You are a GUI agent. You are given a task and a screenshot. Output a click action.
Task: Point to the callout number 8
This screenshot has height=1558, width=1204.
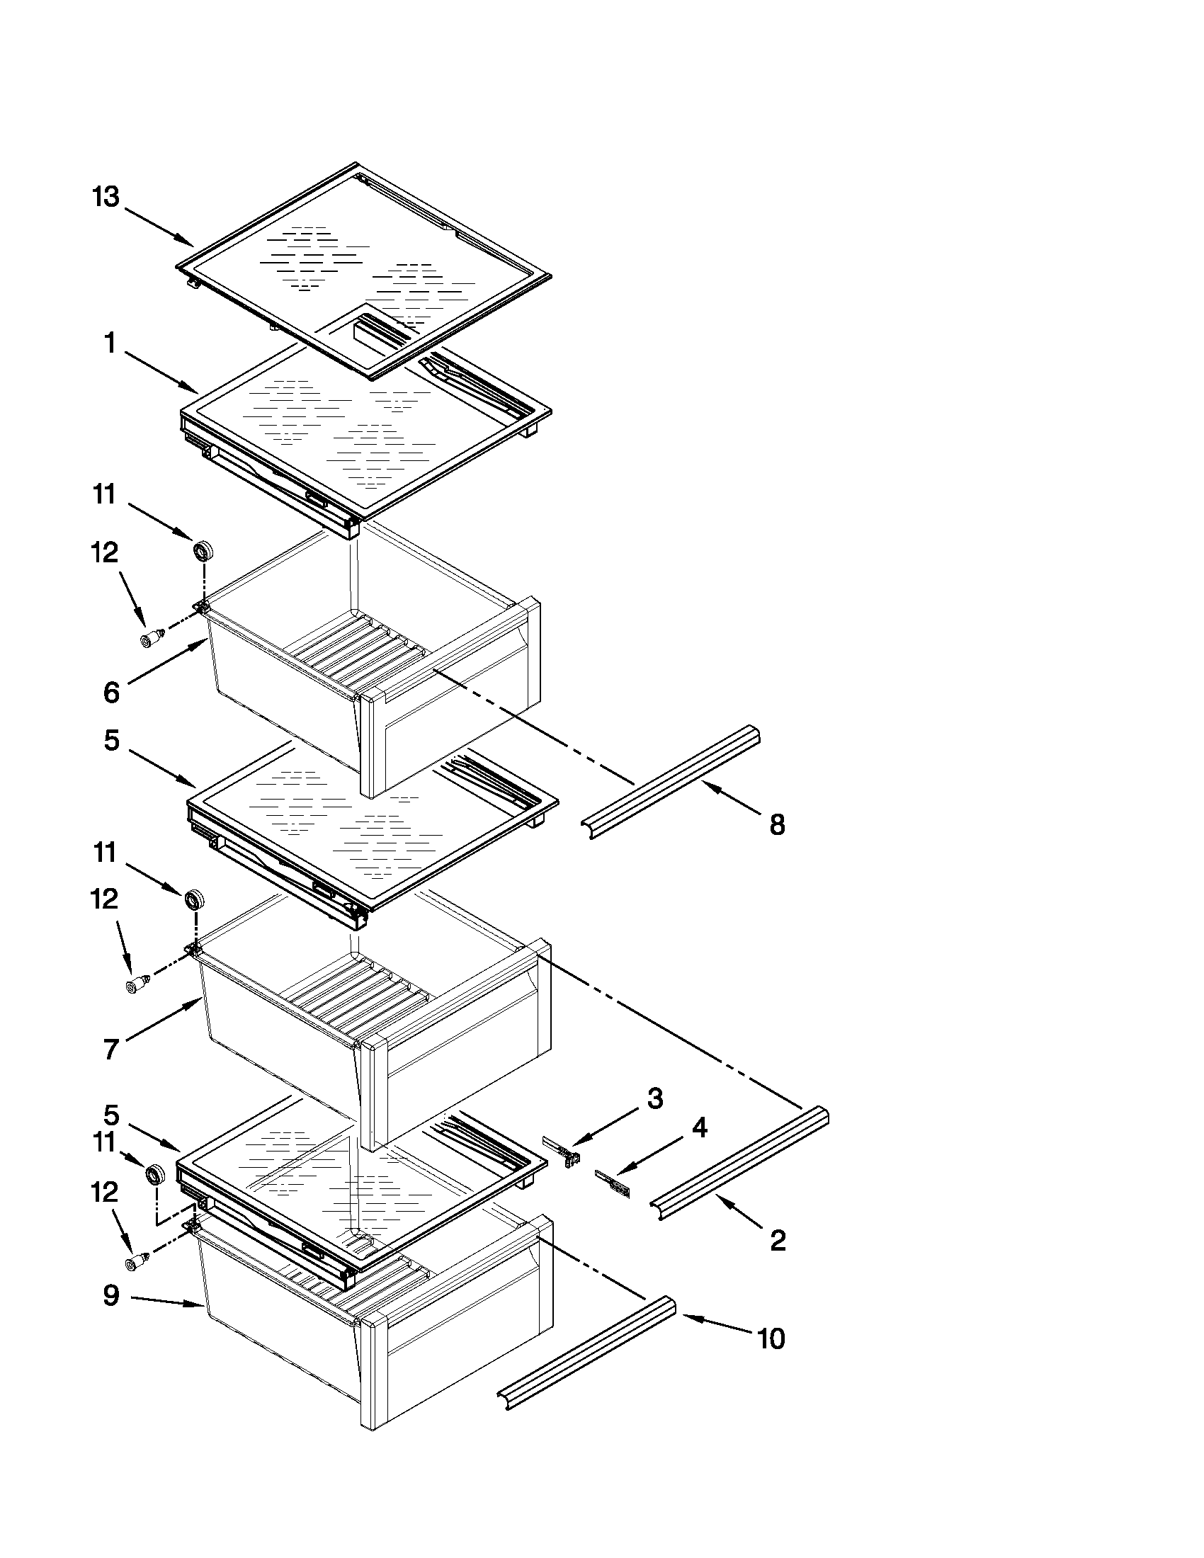[778, 824]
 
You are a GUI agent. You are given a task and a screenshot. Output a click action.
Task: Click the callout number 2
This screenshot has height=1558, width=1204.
[778, 1241]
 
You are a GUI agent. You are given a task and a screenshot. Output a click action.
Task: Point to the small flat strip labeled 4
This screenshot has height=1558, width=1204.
[613, 1185]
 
